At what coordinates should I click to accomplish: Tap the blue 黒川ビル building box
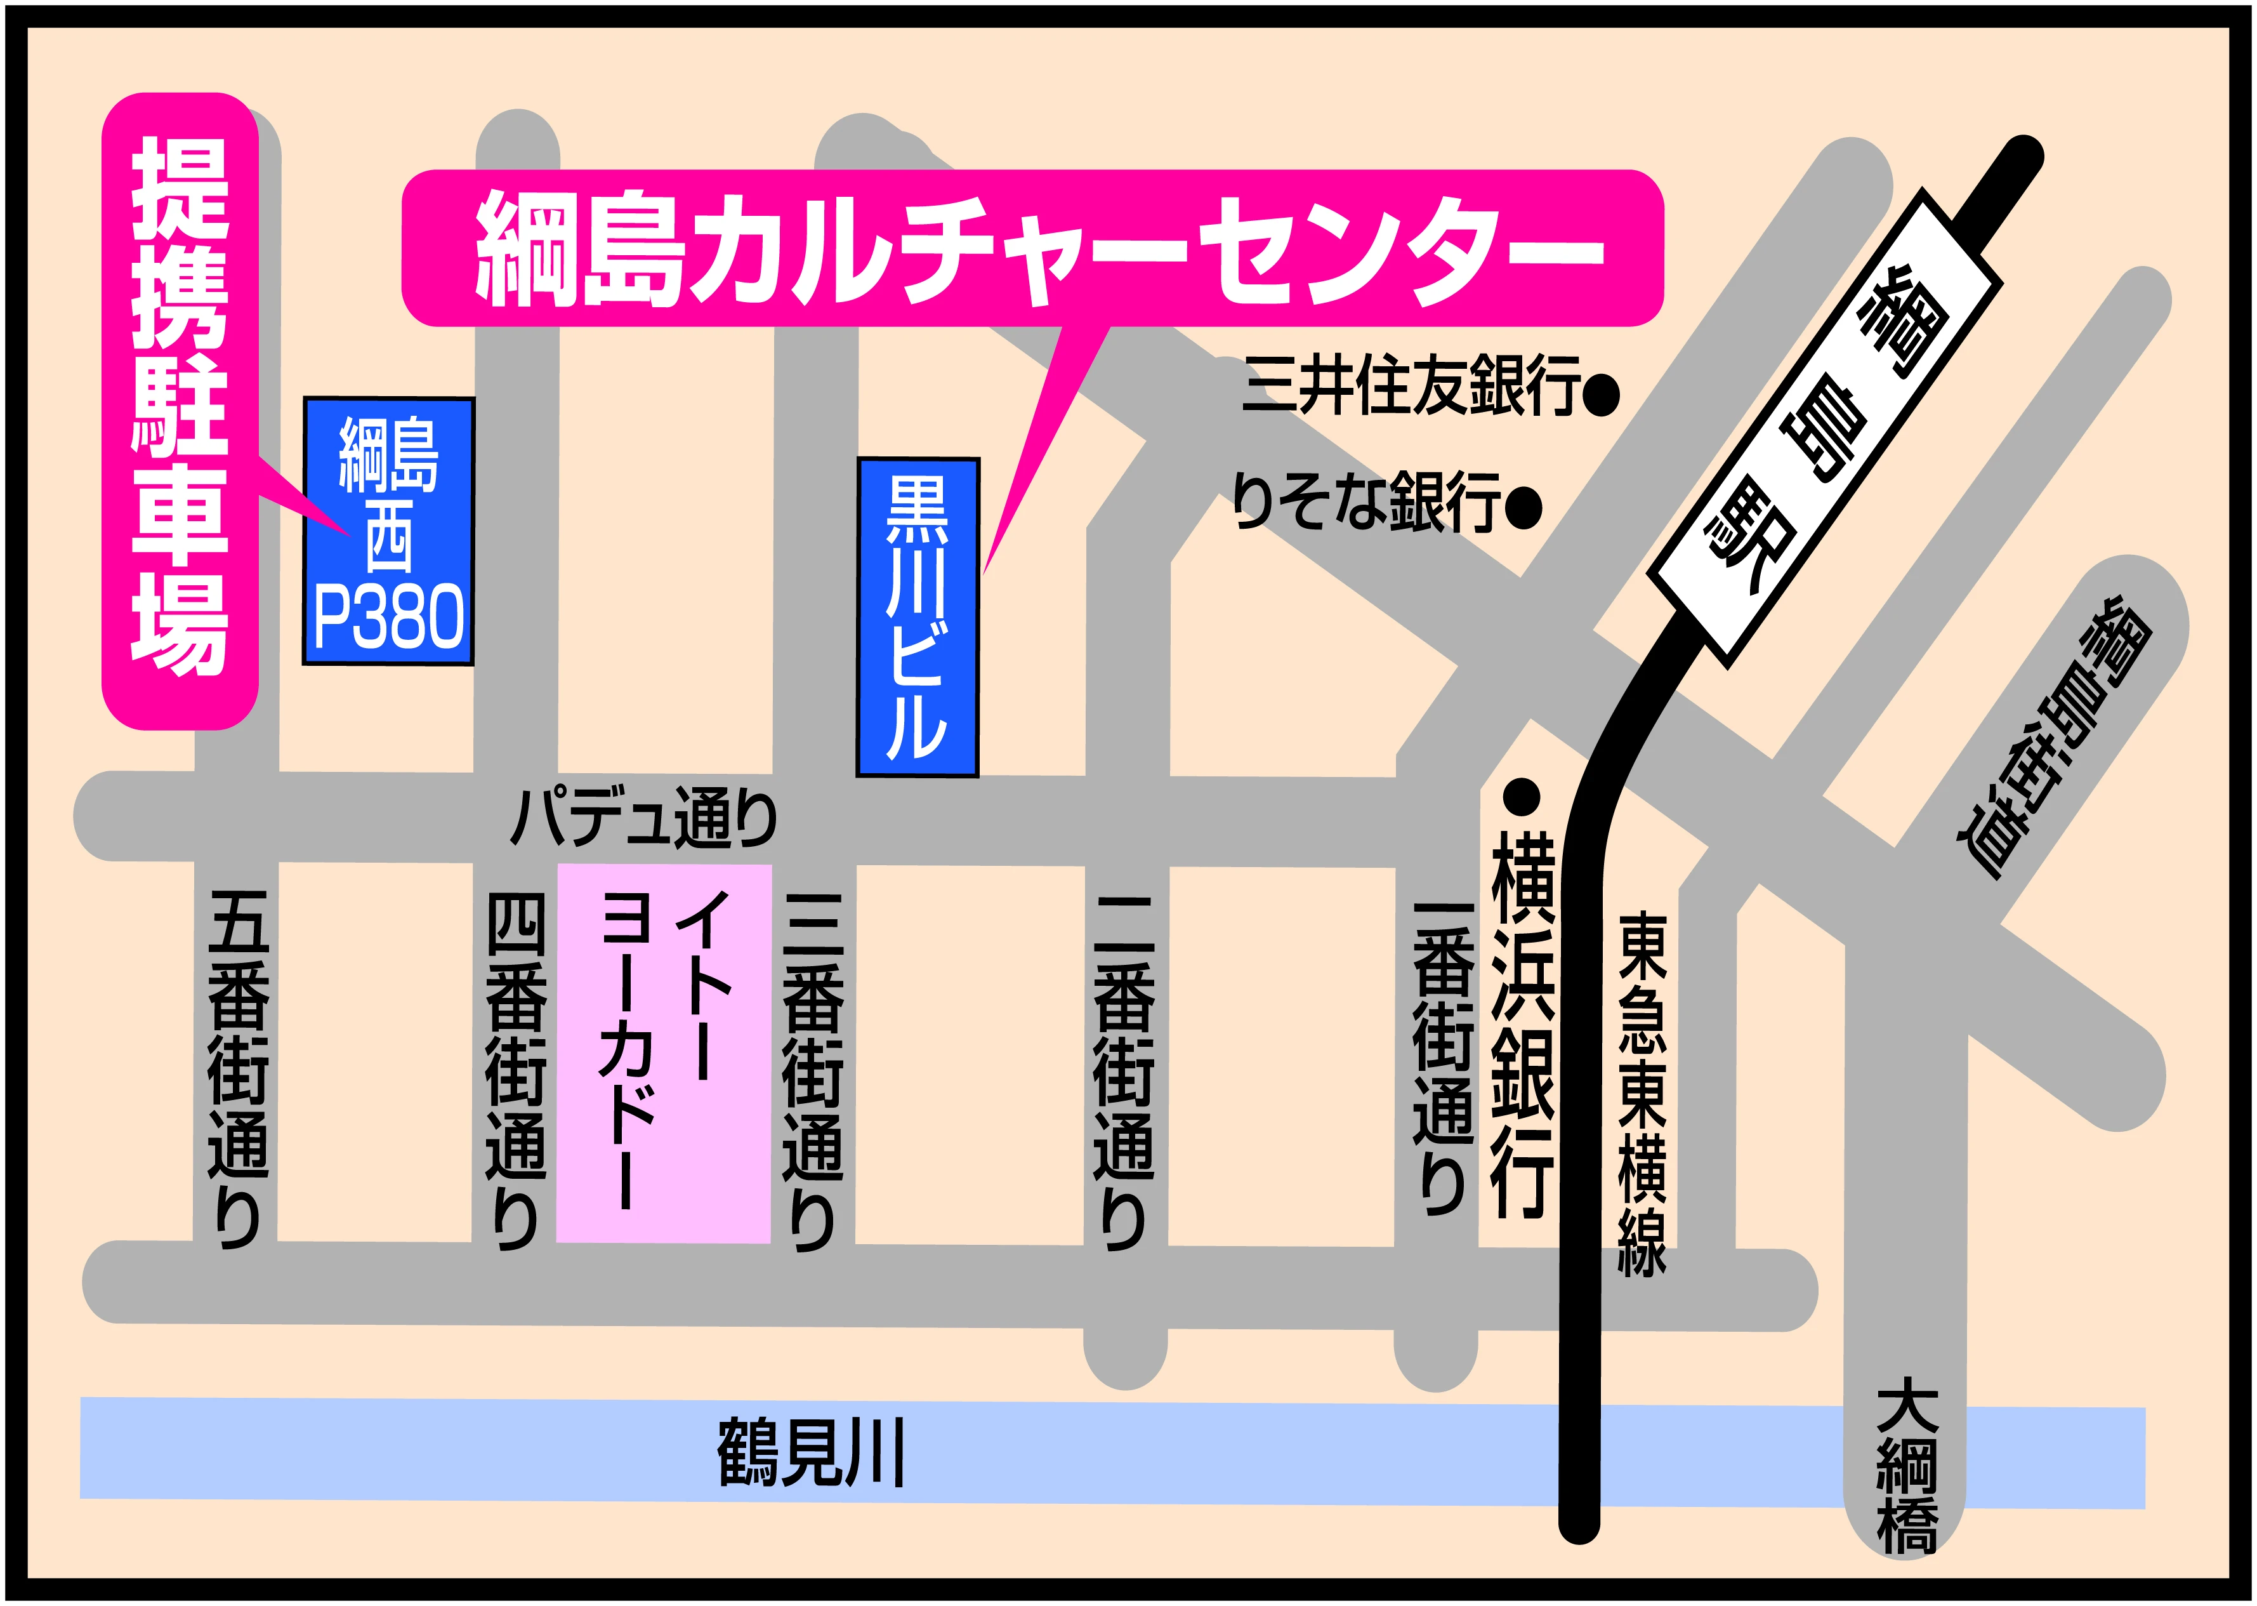[x=918, y=616]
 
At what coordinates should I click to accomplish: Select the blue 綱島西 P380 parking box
[x=388, y=531]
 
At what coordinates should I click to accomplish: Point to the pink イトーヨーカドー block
[x=663, y=1052]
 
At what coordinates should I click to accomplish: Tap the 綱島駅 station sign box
[x=1825, y=429]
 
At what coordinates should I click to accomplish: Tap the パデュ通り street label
[x=643, y=817]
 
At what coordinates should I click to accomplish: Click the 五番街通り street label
[x=238, y=1068]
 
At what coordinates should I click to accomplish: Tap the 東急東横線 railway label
[x=1642, y=1092]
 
